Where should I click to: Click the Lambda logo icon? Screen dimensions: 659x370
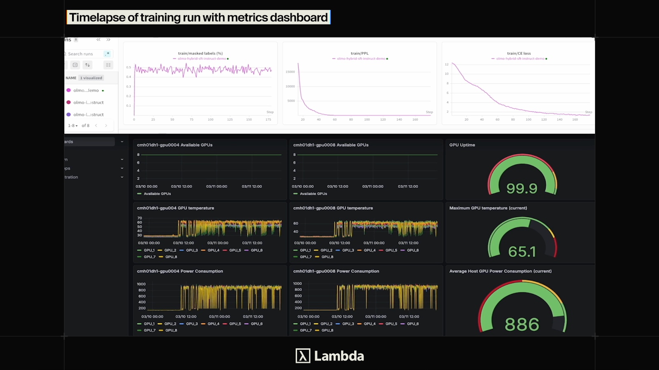tap(303, 356)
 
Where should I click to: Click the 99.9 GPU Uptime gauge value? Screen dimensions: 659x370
tap(522, 188)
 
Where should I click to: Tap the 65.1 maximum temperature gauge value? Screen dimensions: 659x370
tap(522, 251)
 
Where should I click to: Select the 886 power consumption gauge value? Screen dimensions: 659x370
tap(522, 324)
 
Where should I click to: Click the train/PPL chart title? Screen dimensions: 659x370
tap(360, 53)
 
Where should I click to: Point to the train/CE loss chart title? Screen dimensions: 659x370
tap(519, 53)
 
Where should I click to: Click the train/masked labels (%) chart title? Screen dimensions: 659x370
tap(200, 53)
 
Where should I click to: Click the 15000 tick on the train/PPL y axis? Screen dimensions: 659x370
tap(290, 72)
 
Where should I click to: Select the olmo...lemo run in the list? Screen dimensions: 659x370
tap(86, 90)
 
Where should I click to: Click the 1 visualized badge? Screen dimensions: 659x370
tap(91, 78)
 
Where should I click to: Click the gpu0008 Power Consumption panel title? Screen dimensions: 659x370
tap(336, 271)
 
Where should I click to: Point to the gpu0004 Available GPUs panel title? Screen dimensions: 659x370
tap(175, 145)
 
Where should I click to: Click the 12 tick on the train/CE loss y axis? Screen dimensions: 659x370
tap(446, 64)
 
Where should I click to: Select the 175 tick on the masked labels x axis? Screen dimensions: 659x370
tap(268, 119)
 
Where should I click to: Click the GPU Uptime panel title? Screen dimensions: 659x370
tap(462, 145)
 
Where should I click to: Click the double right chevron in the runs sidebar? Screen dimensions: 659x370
tap(108, 40)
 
